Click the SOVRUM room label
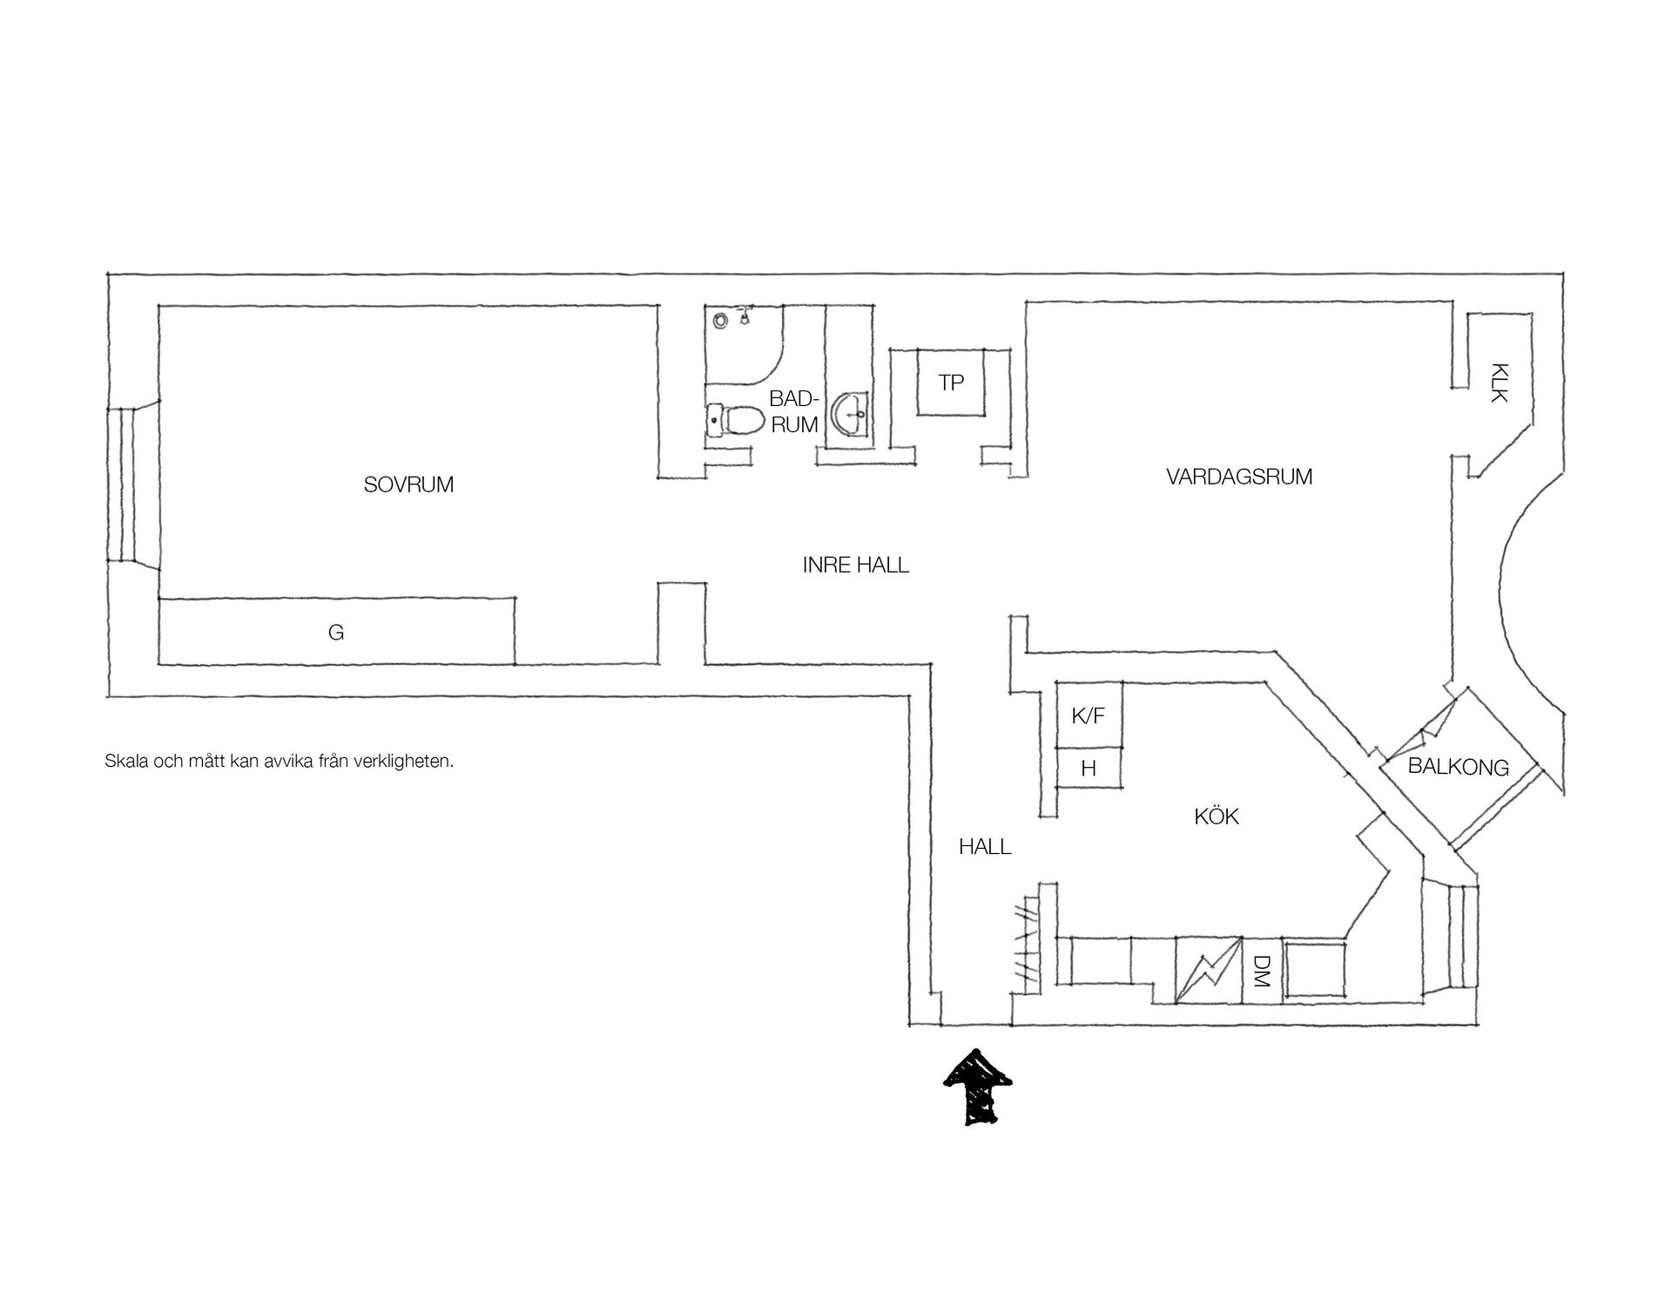[408, 484]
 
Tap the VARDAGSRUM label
[1239, 477]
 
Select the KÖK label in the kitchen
[1217, 817]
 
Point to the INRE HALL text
[855, 565]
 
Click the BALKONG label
[1459, 768]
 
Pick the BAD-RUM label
[793, 411]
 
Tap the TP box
[952, 383]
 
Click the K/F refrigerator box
[1089, 715]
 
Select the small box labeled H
[1089, 768]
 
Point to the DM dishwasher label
[1261, 970]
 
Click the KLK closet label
[1499, 383]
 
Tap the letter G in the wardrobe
[336, 633]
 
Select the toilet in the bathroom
[731, 421]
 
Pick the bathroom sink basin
[850, 415]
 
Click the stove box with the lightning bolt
[1208, 969]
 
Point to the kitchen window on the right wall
[1449, 938]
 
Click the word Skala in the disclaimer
[126, 761]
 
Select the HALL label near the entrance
[985, 846]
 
